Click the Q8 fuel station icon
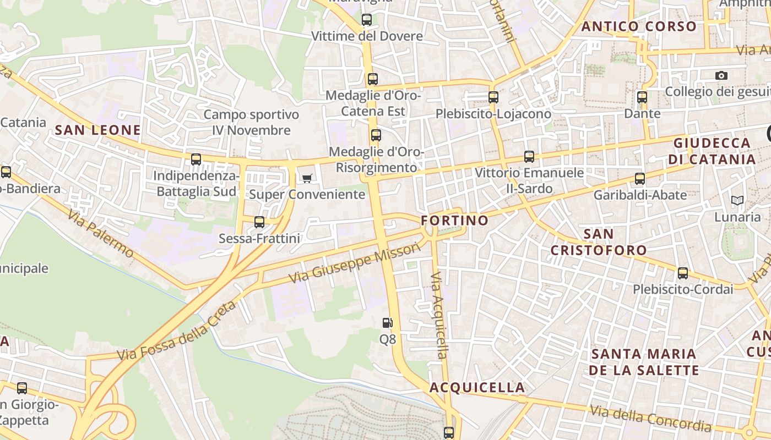point(388,323)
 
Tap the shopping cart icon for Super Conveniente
point(307,178)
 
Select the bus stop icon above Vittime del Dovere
point(366,20)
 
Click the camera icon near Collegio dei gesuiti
point(721,75)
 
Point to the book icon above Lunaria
point(737,201)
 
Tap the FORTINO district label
point(454,221)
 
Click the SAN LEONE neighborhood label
point(98,130)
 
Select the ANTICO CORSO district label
point(639,26)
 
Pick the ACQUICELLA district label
point(477,387)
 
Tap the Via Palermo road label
point(101,233)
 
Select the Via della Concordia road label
point(650,418)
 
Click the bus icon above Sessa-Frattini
point(259,222)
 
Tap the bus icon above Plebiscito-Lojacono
point(493,97)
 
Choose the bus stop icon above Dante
point(642,97)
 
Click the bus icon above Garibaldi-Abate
point(639,179)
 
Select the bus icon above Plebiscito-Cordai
point(683,273)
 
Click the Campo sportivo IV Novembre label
point(251,123)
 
